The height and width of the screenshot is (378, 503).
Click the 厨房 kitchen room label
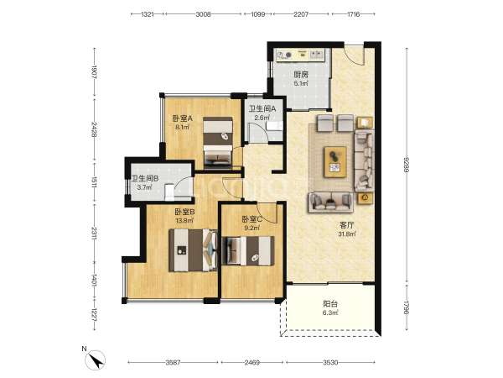[x=301, y=75]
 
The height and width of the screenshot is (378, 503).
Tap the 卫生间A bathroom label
[x=262, y=109]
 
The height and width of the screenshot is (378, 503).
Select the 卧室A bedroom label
[x=182, y=118]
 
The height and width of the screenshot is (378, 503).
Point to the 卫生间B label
[x=145, y=179]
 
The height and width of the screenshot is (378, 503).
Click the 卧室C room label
[x=252, y=219]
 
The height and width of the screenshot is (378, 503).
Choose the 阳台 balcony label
[x=330, y=304]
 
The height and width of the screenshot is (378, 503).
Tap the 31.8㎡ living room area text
[x=346, y=234]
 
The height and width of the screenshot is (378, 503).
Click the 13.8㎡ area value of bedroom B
[x=184, y=220]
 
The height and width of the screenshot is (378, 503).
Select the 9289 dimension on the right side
[x=407, y=165]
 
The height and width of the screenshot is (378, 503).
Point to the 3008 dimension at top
[x=203, y=14]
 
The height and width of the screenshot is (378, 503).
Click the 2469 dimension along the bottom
[x=251, y=363]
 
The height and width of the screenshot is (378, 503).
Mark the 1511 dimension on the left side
[x=94, y=182]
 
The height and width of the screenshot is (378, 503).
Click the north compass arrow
[x=97, y=360]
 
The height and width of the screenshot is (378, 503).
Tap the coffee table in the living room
[x=335, y=162]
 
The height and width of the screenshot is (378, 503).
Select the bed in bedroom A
[x=218, y=142]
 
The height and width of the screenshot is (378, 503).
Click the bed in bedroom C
[x=248, y=251]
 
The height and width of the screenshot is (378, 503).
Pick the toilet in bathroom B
[x=169, y=192]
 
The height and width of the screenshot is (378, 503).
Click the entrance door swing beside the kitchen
[x=355, y=55]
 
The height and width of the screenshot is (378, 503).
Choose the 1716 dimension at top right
[x=353, y=14]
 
